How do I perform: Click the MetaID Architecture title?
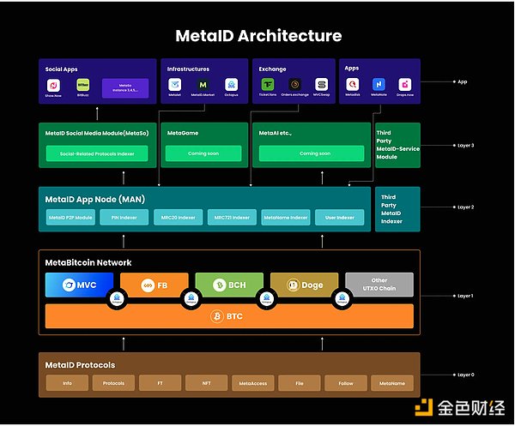pos(258,36)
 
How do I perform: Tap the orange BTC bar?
pos(229,316)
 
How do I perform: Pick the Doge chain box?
pos(304,285)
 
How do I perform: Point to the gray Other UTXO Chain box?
pos(379,285)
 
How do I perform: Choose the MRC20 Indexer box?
pos(179,218)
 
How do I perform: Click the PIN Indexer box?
pos(124,218)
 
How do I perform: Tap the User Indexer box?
pos(340,218)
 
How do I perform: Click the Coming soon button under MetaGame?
pos(203,153)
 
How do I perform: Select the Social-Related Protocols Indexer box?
pos(96,153)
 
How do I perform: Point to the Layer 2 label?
pos(465,207)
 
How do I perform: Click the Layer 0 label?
pos(465,375)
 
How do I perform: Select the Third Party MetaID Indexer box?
pos(397,208)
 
